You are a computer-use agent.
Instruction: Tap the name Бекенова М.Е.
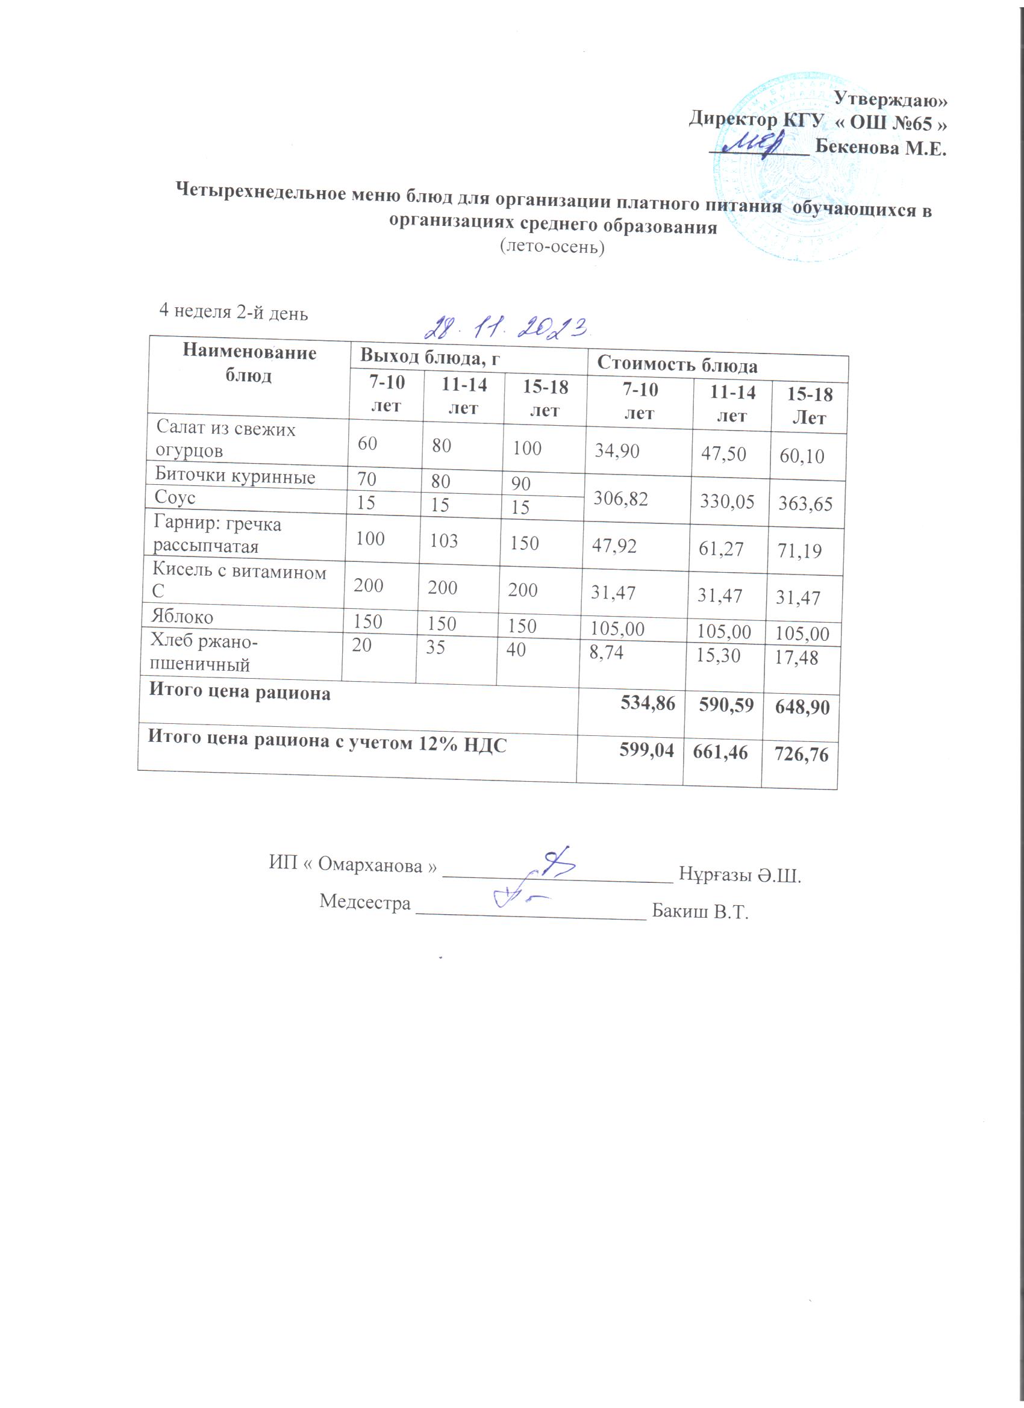(x=881, y=148)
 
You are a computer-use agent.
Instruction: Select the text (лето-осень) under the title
(x=552, y=247)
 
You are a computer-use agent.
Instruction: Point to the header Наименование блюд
(x=249, y=364)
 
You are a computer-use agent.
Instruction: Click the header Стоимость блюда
(x=677, y=364)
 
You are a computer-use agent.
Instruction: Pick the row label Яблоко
(x=182, y=617)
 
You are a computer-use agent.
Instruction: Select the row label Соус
(x=175, y=497)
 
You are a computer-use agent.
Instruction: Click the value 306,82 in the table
(x=621, y=498)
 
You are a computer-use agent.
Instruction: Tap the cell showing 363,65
(x=805, y=503)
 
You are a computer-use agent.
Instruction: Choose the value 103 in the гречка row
(x=443, y=541)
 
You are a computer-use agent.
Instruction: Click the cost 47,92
(x=614, y=546)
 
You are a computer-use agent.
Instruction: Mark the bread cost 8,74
(x=606, y=652)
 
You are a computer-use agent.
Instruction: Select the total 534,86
(x=648, y=703)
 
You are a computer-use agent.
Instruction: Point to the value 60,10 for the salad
(x=802, y=456)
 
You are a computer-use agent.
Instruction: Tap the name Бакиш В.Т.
(x=700, y=912)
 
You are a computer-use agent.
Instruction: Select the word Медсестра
(x=365, y=902)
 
